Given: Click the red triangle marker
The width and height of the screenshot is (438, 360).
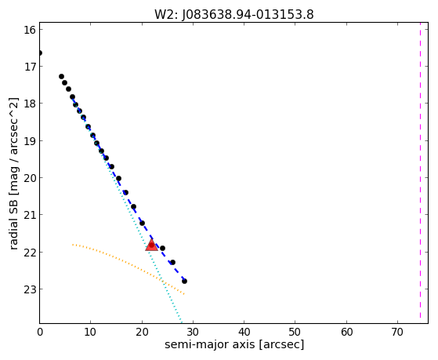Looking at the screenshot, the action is (152, 245).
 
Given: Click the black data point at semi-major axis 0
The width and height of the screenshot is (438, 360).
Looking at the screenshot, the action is (40, 53).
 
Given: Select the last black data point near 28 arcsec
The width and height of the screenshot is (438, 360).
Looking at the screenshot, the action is (184, 281).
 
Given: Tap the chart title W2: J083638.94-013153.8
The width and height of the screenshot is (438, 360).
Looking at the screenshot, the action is (234, 14).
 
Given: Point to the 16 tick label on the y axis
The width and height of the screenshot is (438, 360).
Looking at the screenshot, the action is (30, 30).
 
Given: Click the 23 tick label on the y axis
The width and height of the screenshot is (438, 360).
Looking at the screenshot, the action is (30, 289).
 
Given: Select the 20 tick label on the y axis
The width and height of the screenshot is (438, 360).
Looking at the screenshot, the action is (30, 178).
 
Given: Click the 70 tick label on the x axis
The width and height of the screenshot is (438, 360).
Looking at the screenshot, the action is (397, 332).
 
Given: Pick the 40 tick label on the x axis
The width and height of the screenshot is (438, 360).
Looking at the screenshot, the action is (244, 332).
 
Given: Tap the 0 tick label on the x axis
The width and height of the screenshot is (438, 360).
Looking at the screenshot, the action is (40, 332).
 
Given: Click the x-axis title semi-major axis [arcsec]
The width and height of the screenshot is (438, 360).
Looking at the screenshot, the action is (234, 344).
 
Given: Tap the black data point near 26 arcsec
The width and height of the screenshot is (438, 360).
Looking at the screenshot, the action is (172, 263).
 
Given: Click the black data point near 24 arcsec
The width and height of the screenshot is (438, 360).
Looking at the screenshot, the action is (162, 248).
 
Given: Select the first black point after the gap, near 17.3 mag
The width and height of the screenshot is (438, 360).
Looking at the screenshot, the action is (61, 76).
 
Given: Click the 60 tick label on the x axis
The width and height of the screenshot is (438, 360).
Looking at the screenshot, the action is (346, 332).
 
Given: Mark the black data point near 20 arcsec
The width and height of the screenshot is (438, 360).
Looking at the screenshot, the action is (142, 223).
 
